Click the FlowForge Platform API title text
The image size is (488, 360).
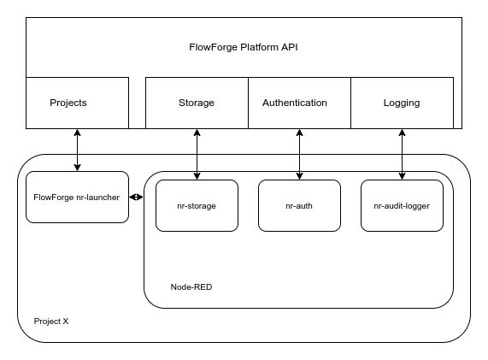[x=243, y=48]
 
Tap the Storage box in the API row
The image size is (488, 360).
[x=197, y=103]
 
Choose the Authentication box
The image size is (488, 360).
[x=299, y=103]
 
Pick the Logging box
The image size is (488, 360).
[x=402, y=103]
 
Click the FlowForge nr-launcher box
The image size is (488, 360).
[x=77, y=197]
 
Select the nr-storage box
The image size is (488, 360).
[x=197, y=205]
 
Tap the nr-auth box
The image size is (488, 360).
[x=299, y=205]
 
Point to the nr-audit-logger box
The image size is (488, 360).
[x=402, y=205]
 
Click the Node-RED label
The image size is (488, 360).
[x=191, y=287]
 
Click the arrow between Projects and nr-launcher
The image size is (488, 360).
[x=78, y=150]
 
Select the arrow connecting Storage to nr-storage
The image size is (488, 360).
[x=197, y=154]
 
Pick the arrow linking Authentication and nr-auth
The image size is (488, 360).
[x=300, y=154]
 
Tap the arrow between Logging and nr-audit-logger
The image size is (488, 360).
[x=403, y=154]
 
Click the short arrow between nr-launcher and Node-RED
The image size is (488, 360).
[x=136, y=198]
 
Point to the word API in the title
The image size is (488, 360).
[x=288, y=48]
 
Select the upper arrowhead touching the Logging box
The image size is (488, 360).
[x=403, y=133]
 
